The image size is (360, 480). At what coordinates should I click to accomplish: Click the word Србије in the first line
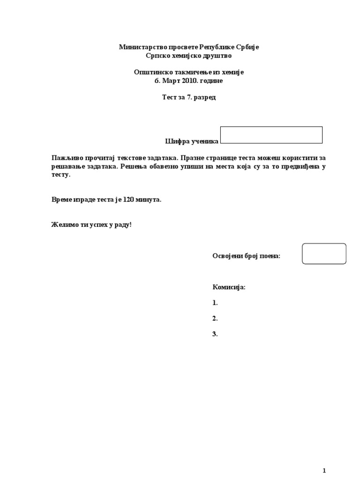246,47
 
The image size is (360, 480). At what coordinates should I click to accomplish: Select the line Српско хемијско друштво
189,56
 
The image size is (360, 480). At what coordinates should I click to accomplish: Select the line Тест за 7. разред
189,97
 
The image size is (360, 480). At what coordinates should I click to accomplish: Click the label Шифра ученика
192,141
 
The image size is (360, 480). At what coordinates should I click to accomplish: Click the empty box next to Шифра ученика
271,135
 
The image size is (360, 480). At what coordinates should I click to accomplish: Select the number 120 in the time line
128,200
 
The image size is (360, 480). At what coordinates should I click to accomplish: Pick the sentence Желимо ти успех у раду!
91,225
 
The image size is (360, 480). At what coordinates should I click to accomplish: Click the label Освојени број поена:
246,255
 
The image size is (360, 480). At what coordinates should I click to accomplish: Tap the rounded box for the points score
324,254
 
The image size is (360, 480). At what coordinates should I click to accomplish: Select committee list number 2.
215,319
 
